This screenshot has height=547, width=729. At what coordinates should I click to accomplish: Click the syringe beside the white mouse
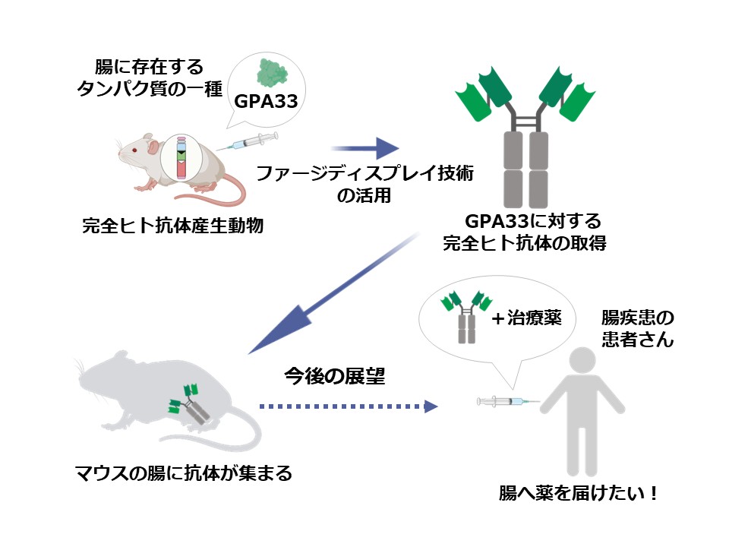pos(251,142)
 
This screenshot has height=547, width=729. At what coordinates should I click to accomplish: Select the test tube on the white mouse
pos(182,158)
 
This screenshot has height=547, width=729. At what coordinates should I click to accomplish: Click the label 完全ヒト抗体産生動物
pos(172,226)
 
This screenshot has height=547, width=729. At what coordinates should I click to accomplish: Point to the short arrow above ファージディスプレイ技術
pos(364,149)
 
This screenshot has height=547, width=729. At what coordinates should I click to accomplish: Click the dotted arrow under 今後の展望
pos(349,407)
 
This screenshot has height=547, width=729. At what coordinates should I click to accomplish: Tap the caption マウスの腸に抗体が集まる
pos(183,473)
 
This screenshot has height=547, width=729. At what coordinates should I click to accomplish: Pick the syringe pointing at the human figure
pos(507,401)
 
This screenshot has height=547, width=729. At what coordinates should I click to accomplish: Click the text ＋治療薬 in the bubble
pos(525,318)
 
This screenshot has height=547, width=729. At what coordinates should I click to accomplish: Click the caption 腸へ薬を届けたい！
pos(577,493)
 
